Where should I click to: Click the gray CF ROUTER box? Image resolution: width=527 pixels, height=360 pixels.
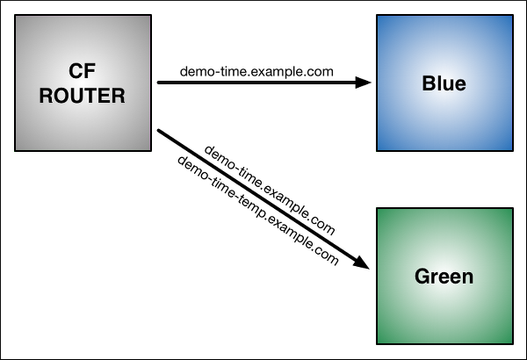83,83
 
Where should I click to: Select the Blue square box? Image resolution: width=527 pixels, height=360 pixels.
444,83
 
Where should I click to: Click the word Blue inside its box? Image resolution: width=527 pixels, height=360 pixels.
444,83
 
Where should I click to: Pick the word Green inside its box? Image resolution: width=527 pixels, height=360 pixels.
444,277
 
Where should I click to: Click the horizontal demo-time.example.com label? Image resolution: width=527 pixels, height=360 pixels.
256,70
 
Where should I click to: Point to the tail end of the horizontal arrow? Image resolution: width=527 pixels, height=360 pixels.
160,83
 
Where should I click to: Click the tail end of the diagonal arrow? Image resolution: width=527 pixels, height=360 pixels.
161,132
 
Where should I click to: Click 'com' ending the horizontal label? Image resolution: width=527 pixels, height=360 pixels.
321,70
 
